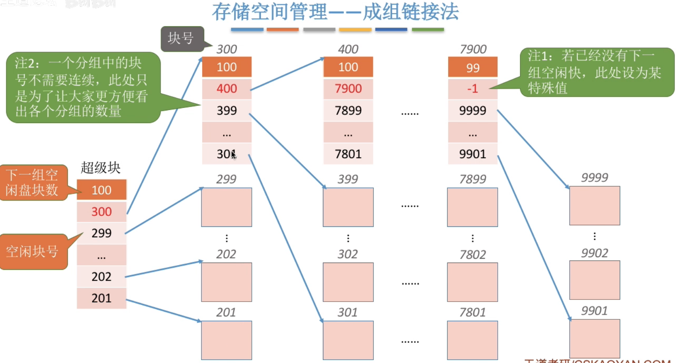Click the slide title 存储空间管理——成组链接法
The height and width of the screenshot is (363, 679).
coord(335,12)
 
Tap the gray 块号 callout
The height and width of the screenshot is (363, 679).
coord(181,39)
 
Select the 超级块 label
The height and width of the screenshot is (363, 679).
coord(100,168)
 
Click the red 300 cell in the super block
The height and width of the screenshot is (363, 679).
coord(101,212)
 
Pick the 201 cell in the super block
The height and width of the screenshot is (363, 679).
coord(101,298)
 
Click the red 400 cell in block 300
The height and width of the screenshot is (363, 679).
coord(227,89)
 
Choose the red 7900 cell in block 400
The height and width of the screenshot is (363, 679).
coord(348,89)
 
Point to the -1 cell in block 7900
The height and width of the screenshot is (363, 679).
coord(473,89)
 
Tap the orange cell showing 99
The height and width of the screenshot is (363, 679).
coord(473,67)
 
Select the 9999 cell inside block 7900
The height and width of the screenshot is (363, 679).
coord(473,110)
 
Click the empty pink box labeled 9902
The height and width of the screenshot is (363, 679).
coord(594,280)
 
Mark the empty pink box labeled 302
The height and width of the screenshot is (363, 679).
coord(348,282)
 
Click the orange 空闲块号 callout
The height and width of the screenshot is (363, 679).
coord(33,252)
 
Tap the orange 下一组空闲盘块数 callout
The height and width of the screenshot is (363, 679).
coord(33,183)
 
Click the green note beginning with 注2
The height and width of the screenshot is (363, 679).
coord(82,87)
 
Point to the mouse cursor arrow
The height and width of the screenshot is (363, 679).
coord(233,155)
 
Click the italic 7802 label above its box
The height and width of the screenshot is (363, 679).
coord(473,255)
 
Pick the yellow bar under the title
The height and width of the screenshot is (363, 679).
coord(355,30)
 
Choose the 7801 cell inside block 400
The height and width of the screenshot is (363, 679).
coord(348,154)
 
